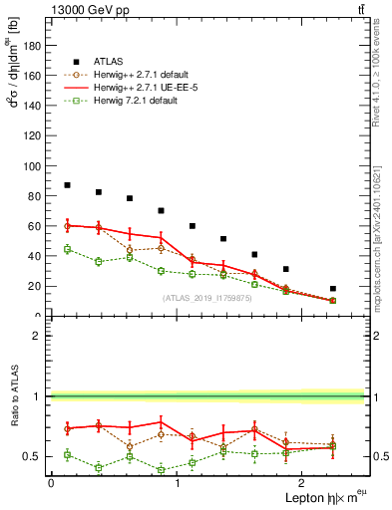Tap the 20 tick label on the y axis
click(36, 286)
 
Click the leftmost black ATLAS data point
click(67, 185)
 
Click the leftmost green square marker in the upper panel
click(67, 249)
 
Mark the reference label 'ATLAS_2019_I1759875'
click(205, 298)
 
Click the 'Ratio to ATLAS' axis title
click(13, 398)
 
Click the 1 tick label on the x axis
click(177, 482)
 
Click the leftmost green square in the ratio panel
click(67, 454)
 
